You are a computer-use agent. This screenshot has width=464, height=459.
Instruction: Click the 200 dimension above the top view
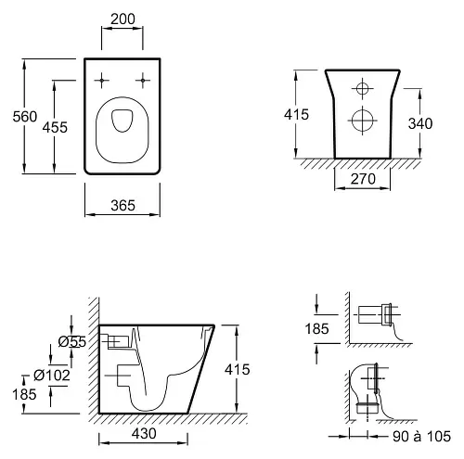[x=122, y=19]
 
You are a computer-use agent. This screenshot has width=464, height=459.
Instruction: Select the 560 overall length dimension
[x=25, y=117]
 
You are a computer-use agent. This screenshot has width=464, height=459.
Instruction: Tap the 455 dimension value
[x=55, y=127]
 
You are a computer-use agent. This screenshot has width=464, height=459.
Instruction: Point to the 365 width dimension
[x=122, y=206]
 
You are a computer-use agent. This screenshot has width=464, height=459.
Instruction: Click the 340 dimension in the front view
[x=420, y=123]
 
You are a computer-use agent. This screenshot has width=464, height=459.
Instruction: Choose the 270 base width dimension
[x=363, y=179]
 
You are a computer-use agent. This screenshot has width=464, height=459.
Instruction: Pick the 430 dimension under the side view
[x=144, y=434]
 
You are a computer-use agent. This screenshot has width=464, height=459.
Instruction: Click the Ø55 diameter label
[x=72, y=342]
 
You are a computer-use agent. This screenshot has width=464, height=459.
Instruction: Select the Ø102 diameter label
[x=52, y=376]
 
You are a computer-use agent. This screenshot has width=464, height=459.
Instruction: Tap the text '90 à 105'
[x=421, y=437]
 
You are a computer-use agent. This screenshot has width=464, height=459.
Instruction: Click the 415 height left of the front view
[x=296, y=115]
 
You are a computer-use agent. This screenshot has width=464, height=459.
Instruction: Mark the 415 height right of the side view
[x=238, y=370]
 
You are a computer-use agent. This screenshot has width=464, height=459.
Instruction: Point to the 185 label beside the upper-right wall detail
[x=316, y=329]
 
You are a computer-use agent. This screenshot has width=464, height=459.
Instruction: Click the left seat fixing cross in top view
[x=101, y=81]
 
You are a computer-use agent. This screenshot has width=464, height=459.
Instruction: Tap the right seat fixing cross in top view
[x=143, y=81]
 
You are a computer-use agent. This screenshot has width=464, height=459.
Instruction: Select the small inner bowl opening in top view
[x=122, y=121]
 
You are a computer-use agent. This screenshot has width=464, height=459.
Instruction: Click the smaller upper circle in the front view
[x=363, y=89]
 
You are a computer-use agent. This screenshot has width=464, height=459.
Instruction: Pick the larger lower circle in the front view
[x=363, y=121]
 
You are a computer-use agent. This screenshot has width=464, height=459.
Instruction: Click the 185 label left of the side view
[x=24, y=395]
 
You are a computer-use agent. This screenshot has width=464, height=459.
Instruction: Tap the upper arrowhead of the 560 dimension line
[x=24, y=63]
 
